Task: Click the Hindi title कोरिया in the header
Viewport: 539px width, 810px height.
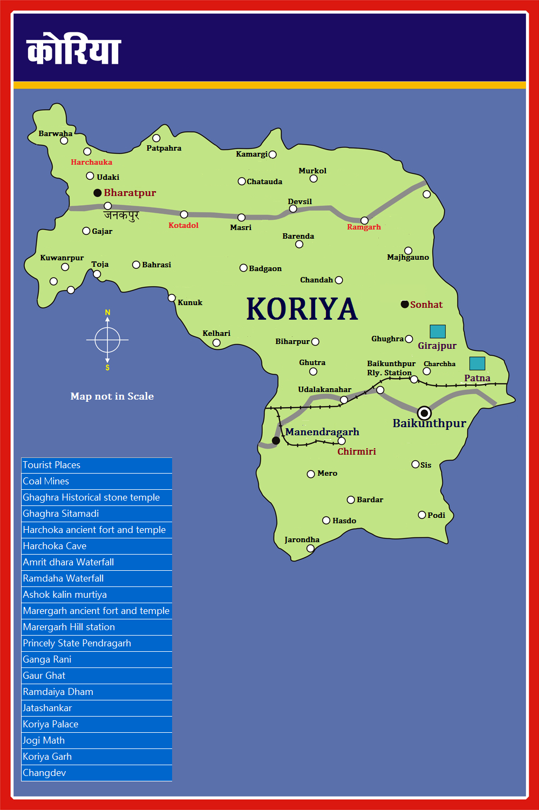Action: tap(73, 50)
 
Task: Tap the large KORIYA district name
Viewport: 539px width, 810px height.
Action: tap(302, 309)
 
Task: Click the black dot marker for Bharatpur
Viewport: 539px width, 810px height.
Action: tap(98, 193)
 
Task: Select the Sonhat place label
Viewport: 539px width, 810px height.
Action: tap(426, 305)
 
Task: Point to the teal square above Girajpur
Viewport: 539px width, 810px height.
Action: tap(438, 331)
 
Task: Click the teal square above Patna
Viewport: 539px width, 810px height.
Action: tap(477, 363)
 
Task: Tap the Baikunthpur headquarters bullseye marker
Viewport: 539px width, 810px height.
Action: tap(425, 413)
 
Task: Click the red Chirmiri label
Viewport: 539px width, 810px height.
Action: tap(357, 451)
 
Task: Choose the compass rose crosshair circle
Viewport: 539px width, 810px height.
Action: tap(107, 340)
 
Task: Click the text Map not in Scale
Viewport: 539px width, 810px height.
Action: tap(112, 396)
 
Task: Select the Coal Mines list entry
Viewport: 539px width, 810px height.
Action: tap(46, 481)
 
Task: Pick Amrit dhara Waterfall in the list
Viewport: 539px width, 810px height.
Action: tap(69, 562)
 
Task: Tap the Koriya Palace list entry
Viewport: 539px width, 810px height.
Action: tap(51, 724)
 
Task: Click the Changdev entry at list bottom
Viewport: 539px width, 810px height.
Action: tap(44, 773)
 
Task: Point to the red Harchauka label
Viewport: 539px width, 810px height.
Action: tap(92, 162)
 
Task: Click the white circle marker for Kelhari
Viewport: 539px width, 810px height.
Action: tap(216, 343)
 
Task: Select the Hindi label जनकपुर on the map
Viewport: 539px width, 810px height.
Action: tap(121, 215)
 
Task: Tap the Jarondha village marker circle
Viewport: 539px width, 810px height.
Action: tap(310, 549)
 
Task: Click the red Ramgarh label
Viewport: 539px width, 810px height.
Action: tap(364, 227)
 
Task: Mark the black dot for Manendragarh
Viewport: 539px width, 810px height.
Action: tap(276, 441)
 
